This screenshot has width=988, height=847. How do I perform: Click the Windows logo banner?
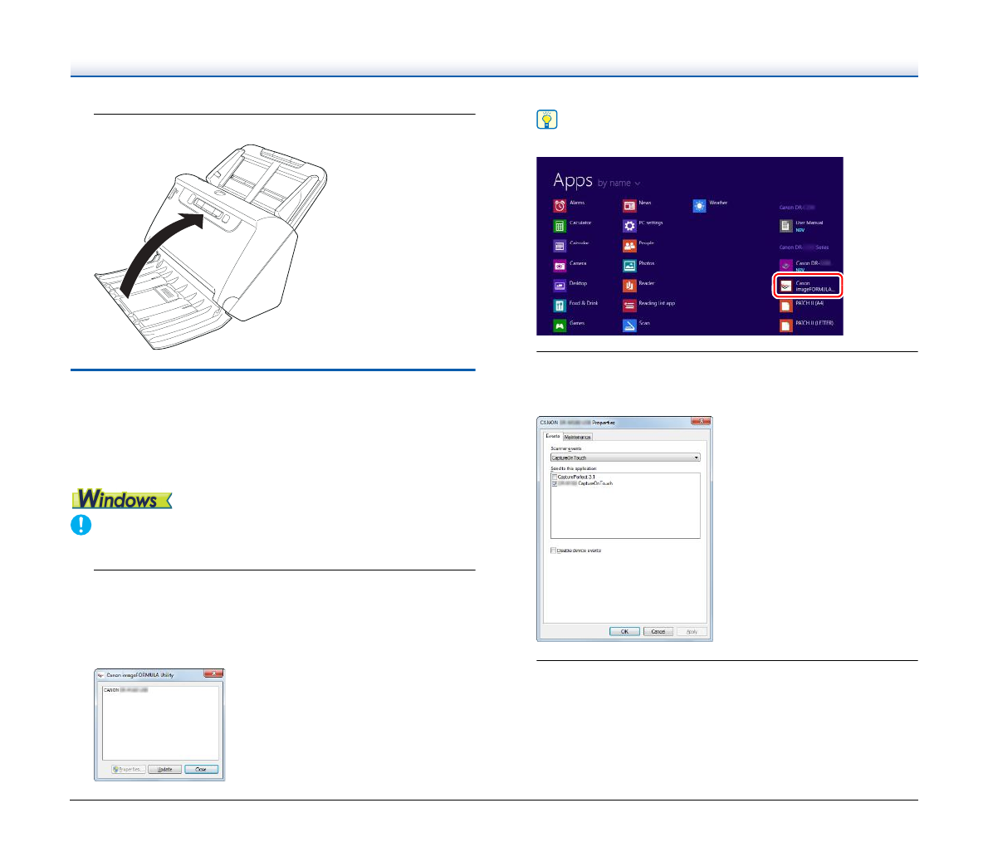tap(122, 499)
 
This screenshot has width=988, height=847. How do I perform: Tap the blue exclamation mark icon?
tap(81, 525)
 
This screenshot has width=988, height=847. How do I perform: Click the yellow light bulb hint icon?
tap(546, 120)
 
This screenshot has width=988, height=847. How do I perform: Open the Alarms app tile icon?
tap(560, 205)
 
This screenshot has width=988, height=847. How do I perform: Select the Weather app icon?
tap(700, 205)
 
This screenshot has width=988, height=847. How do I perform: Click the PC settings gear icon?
tap(630, 225)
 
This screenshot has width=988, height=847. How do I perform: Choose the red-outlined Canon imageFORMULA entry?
tap(808, 286)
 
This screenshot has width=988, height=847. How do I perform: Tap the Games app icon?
tap(560, 326)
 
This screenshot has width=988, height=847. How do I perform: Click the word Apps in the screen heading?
tap(573, 180)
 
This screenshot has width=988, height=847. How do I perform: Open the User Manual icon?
tap(786, 225)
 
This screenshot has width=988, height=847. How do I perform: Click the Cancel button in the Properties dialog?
tap(658, 631)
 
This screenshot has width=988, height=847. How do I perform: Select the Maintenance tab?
tap(578, 437)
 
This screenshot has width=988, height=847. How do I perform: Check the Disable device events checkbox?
tap(554, 551)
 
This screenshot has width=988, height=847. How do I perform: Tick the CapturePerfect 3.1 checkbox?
tap(555, 477)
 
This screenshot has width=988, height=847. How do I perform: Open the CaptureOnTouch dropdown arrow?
tap(697, 458)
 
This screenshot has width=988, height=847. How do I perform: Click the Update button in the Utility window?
tap(165, 769)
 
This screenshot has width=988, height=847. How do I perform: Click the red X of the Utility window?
tap(213, 674)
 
